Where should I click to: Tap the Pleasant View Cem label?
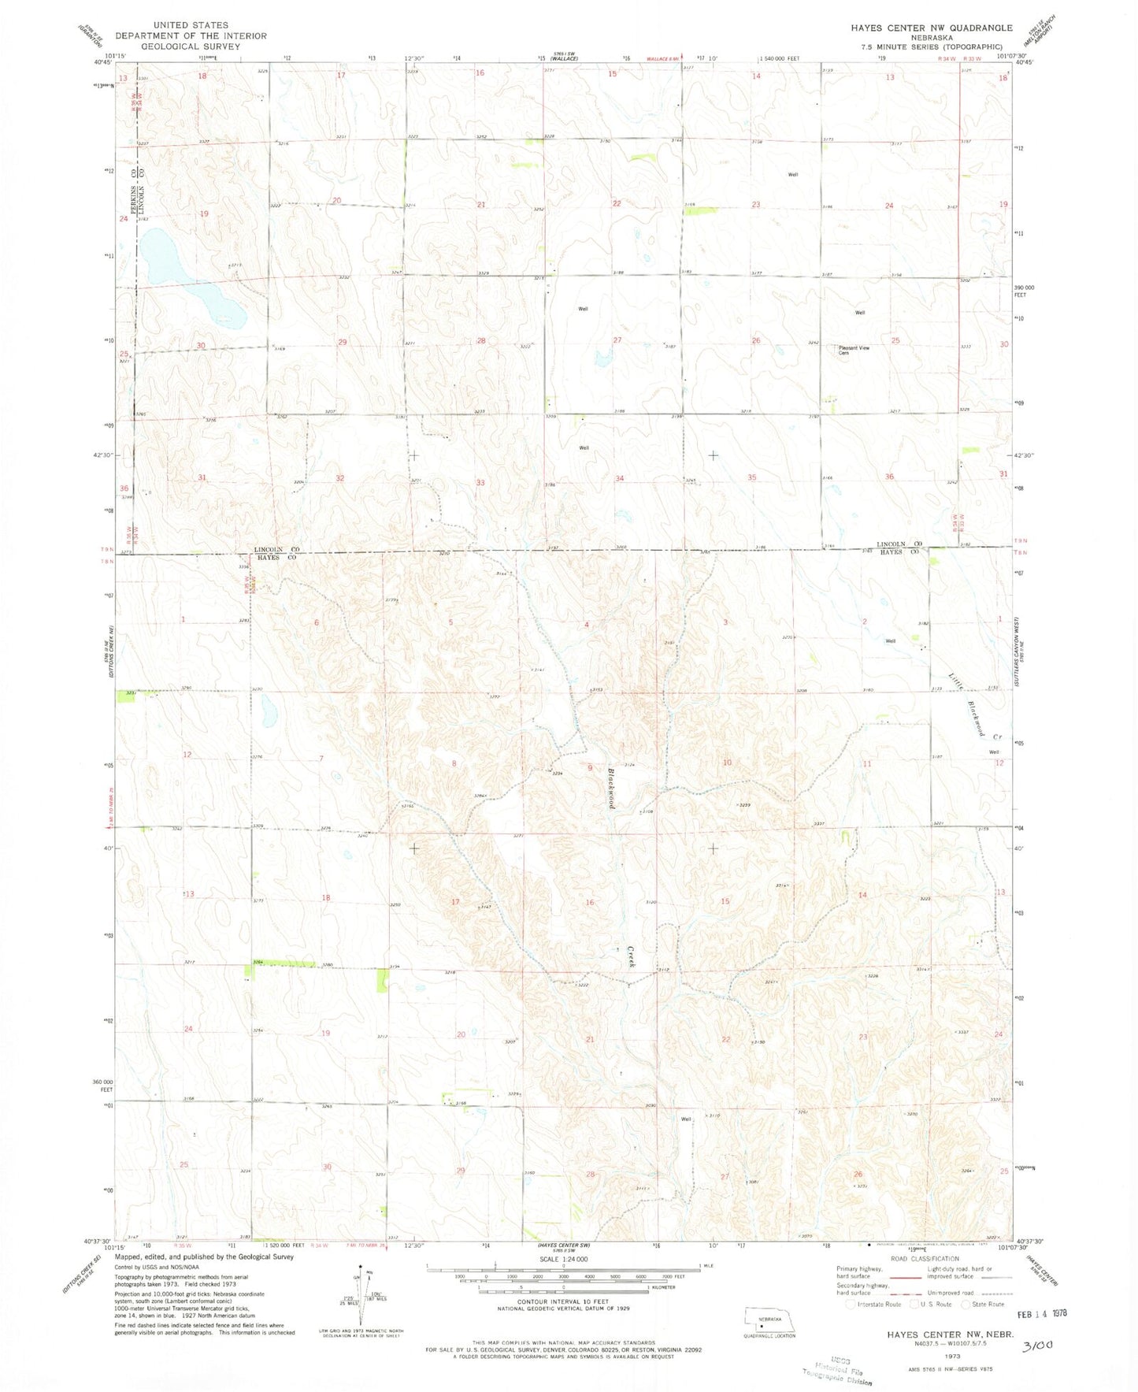pyautogui.click(x=854, y=351)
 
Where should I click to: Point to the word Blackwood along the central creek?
pyautogui.click(x=611, y=788)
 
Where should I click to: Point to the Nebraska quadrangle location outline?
pyautogui.click(x=769, y=1320)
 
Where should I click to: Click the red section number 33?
pyautogui.click(x=480, y=482)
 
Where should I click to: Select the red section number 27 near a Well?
pyautogui.click(x=617, y=340)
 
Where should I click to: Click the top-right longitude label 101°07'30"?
pyautogui.click(x=1011, y=56)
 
